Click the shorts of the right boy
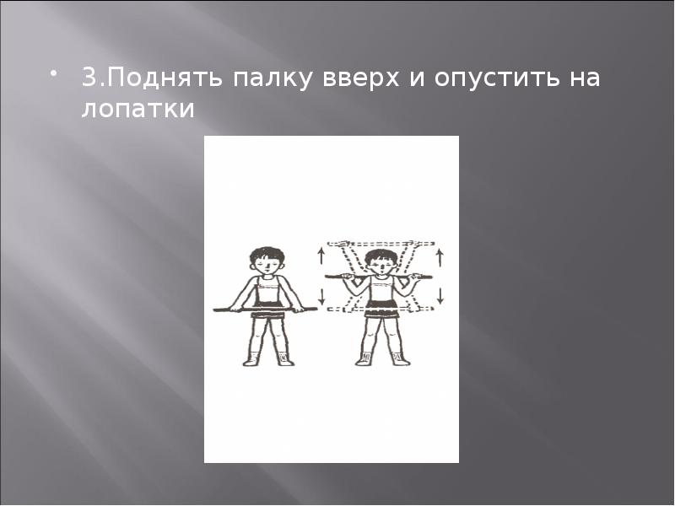[382, 309]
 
